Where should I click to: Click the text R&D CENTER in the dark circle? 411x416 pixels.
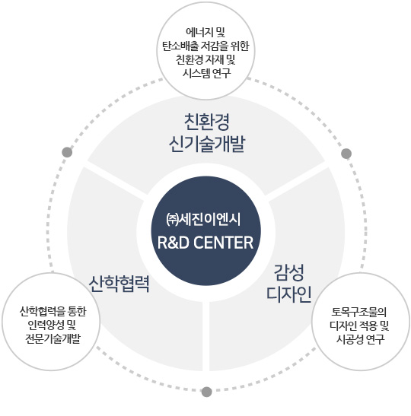[205, 243]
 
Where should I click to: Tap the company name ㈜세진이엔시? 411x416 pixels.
[203, 220]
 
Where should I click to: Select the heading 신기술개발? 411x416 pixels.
[206, 144]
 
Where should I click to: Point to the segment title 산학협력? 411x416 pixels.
[119, 284]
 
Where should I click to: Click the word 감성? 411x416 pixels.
[288, 272]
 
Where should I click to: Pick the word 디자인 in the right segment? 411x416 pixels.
[288, 294]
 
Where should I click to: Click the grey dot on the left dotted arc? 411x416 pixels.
[67, 152]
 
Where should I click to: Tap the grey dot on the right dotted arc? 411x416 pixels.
[346, 154]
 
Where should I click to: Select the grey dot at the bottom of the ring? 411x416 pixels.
[206, 392]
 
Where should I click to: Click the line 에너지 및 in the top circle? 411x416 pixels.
[205, 33]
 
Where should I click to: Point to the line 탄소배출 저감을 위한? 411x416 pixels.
[205, 46]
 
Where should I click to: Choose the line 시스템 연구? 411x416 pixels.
[206, 73]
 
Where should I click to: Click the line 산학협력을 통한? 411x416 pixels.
[53, 311]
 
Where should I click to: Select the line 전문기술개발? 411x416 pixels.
[53, 338]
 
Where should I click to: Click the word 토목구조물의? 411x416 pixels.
[359, 312]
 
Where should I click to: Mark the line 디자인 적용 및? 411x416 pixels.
[359, 325]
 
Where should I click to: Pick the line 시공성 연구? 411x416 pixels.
[360, 339]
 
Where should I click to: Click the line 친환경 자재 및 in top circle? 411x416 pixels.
[205, 59]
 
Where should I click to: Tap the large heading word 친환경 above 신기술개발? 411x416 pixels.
[206, 122]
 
